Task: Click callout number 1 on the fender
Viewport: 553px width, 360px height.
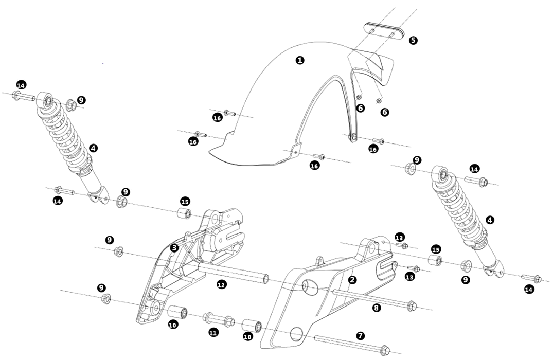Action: [x=300, y=60]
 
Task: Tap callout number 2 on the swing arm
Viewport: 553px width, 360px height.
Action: [x=352, y=280]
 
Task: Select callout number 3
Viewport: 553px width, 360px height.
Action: [x=174, y=248]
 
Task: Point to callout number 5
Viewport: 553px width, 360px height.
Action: [x=413, y=40]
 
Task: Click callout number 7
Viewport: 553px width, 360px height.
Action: [x=360, y=335]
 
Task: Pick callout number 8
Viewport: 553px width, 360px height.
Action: [x=377, y=308]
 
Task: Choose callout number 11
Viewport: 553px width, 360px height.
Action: [x=213, y=333]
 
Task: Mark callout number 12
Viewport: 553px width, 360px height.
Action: [x=222, y=284]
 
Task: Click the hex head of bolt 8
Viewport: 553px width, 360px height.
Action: [x=411, y=306]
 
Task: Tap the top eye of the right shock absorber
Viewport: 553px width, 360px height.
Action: [x=442, y=175]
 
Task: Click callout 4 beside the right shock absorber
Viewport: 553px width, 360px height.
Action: [x=490, y=220]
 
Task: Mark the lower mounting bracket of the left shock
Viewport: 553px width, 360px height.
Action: [x=98, y=195]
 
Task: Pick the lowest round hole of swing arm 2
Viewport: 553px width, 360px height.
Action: [x=297, y=334]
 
